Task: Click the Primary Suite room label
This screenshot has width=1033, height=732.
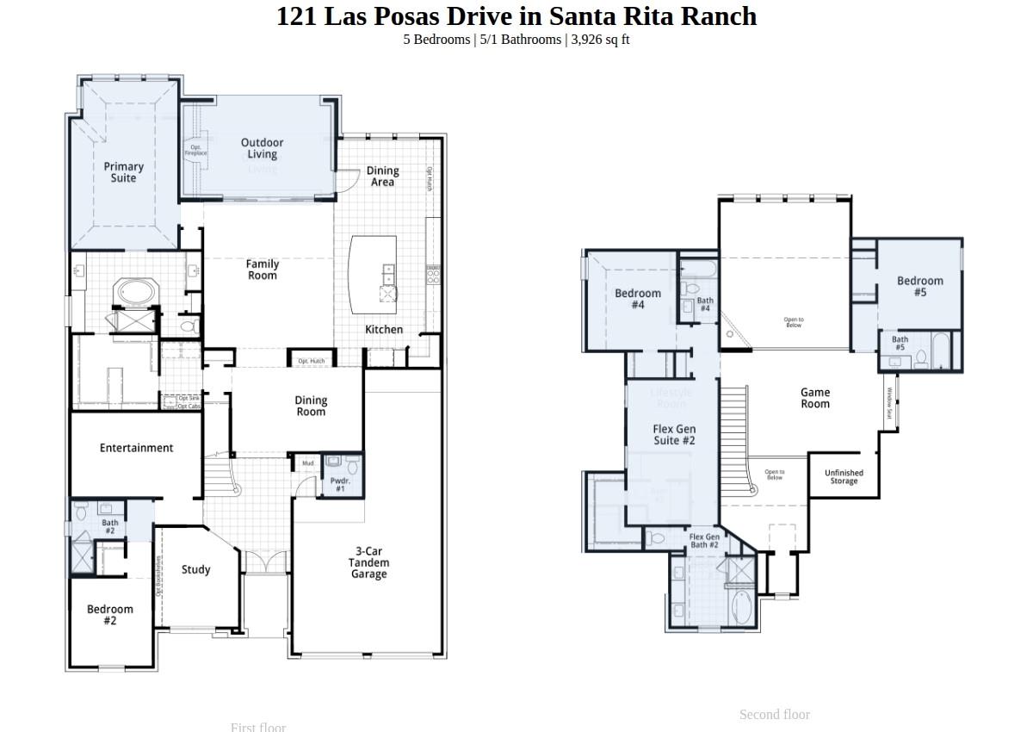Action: point(123,172)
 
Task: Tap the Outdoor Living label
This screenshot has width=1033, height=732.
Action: point(262,148)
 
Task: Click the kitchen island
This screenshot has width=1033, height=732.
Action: point(373,275)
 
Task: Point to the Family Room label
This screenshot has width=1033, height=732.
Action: point(263,270)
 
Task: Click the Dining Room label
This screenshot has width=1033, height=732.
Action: point(311,406)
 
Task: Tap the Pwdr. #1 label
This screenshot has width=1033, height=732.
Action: point(340,485)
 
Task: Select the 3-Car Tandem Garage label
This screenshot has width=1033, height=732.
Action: point(368,562)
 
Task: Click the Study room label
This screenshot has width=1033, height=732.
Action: point(196,569)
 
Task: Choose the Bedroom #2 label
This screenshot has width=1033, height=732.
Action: point(110,615)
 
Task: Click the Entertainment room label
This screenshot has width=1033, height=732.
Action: point(136,448)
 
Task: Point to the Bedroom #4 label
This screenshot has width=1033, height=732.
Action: point(638,299)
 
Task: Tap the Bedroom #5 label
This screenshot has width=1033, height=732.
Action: point(919,286)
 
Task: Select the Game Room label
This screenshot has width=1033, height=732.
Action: point(815,398)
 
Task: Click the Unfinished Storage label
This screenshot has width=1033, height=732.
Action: point(844,477)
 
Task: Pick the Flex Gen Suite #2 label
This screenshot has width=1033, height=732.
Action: point(674,435)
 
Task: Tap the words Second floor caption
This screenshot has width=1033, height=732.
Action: point(774,714)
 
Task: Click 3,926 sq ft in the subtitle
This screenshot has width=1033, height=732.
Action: point(600,40)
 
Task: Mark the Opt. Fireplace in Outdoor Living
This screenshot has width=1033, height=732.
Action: point(196,150)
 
